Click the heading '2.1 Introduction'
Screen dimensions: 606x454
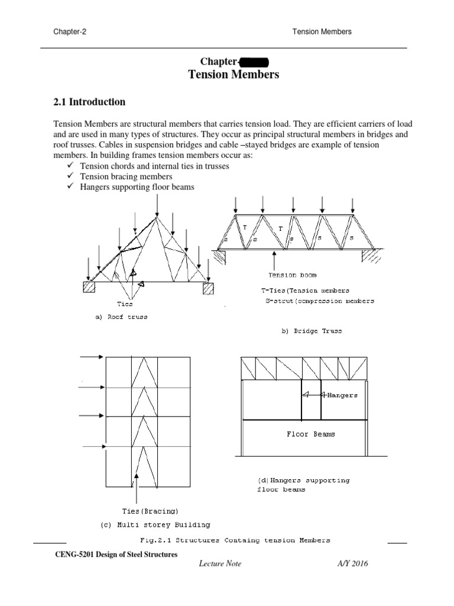pos(89,102)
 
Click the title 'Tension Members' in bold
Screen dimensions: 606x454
pos(234,75)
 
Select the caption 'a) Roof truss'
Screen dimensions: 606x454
pos(121,317)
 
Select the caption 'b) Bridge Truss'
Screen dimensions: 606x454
pos(312,331)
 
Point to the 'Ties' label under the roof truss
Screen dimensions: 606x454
pos(125,304)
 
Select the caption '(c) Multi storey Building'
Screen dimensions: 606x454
pos(155,524)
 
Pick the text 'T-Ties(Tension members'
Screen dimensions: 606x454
pos(305,291)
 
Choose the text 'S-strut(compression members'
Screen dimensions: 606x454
pos(320,301)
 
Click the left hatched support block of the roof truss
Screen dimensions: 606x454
pos(89,288)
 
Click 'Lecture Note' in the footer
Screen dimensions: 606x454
pos(220,564)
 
